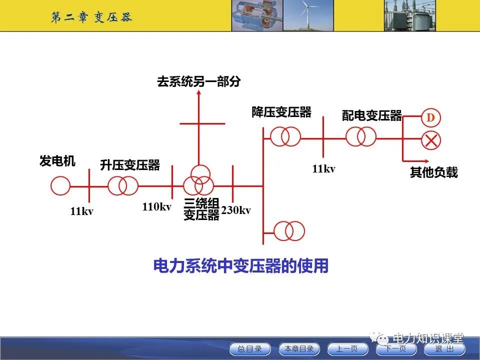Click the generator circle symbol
(60, 186)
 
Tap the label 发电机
(57, 161)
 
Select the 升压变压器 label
(130, 165)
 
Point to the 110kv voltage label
(156, 206)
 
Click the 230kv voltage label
(236, 210)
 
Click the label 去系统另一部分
(198, 82)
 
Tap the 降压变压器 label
(281, 112)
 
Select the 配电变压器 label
(372, 116)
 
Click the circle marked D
(430, 118)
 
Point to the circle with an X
(430, 140)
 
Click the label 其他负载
(433, 173)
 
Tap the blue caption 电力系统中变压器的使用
(240, 266)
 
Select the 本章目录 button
(299, 349)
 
